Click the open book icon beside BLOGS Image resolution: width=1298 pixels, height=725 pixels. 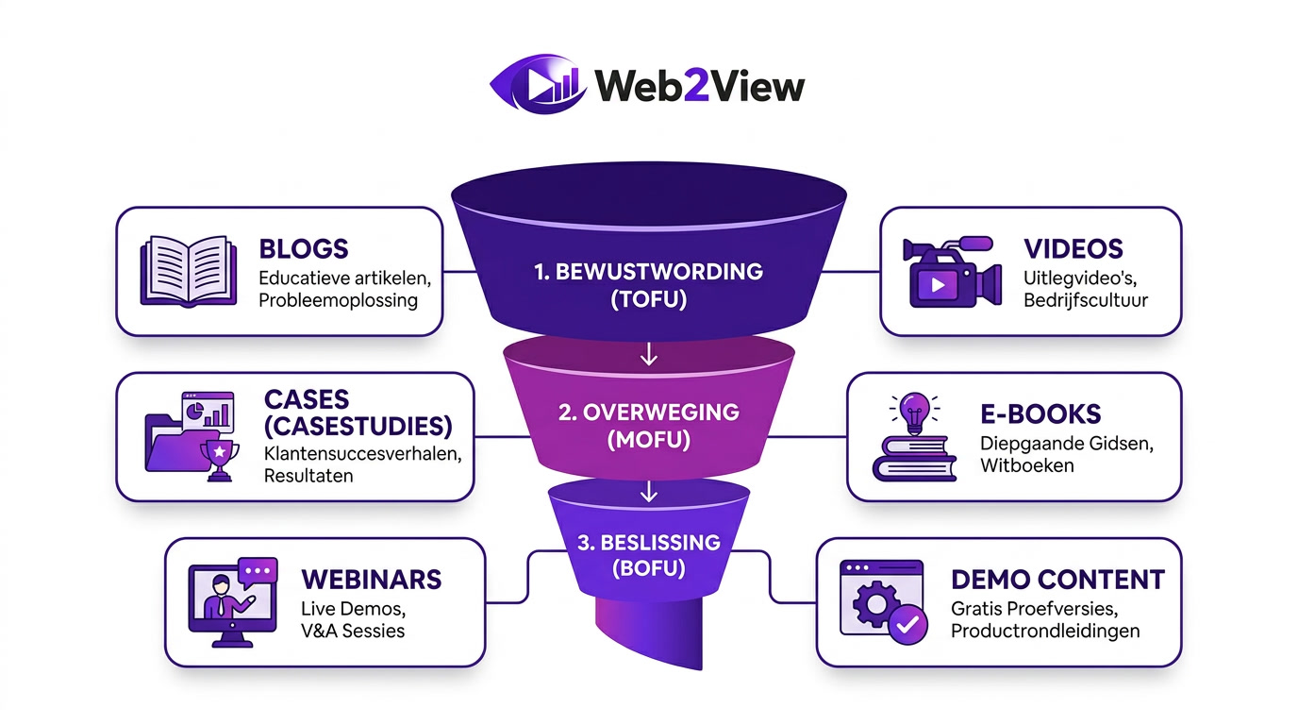pos(184,271)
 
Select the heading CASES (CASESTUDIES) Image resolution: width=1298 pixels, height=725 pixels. pos(358,412)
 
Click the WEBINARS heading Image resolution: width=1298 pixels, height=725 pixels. pos(372,579)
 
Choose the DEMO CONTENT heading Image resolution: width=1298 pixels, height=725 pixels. pos(1057,579)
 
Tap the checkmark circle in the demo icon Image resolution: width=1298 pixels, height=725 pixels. pos(907,625)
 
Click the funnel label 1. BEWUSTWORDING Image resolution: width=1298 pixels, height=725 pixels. pos(647,272)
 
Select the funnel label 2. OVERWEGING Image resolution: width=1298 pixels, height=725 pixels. pos(647,413)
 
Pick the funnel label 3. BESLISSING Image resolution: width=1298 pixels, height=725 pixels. pos(647,543)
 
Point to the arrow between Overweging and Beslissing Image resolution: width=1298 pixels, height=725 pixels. pos(647,492)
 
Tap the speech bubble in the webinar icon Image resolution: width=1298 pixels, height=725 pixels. pos(258,571)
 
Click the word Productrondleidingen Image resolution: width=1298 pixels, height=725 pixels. pos(1045,631)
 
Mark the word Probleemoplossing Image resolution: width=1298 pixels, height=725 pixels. pos(338,300)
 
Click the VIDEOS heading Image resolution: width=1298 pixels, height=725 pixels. pos(1073,249)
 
